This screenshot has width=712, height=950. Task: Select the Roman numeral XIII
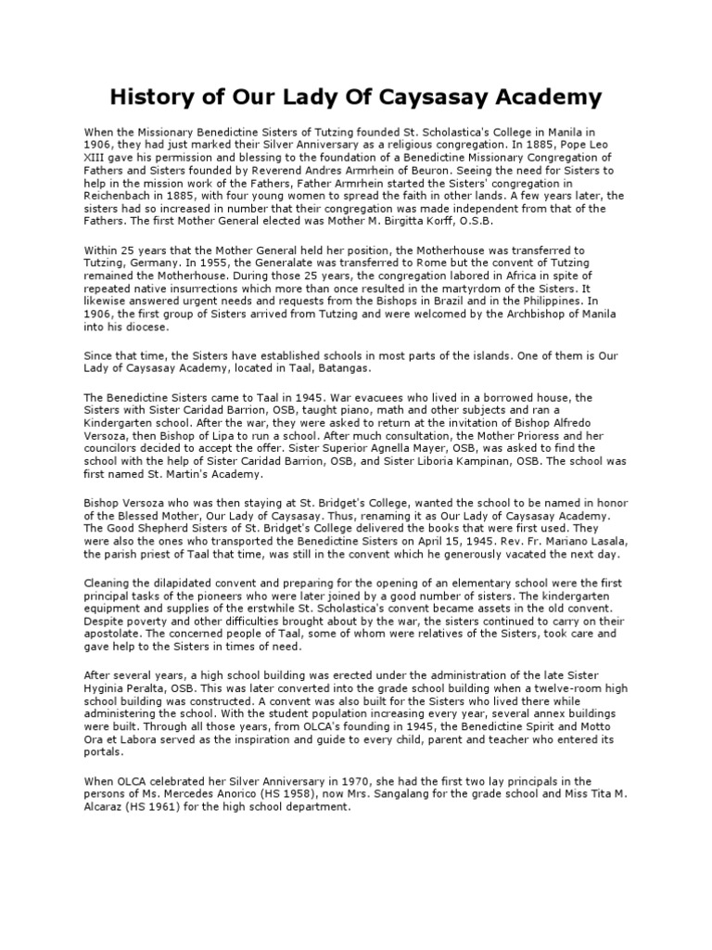tap(97, 159)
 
